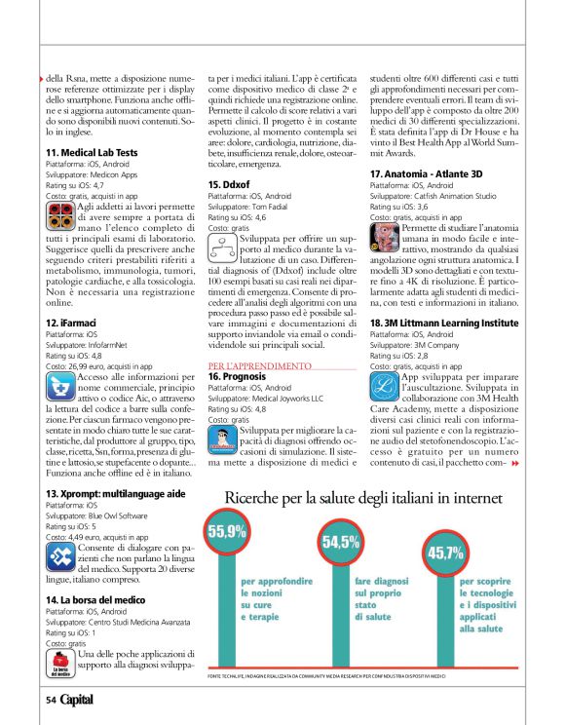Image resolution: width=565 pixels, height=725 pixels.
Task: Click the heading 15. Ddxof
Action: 230,184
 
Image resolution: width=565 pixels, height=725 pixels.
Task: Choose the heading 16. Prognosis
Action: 238,375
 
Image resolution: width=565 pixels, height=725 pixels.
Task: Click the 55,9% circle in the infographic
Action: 227,531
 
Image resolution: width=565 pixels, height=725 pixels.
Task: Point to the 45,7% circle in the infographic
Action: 446,553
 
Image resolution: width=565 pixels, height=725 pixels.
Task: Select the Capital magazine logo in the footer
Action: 77,700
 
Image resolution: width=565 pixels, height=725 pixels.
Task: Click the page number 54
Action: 51,700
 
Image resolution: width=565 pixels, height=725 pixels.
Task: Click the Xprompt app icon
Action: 59,555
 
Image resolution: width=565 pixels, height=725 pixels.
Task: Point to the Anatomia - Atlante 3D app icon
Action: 386,235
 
